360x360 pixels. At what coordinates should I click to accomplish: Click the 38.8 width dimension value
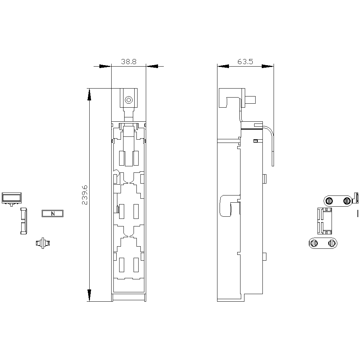129,62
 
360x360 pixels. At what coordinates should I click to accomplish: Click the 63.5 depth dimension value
245,62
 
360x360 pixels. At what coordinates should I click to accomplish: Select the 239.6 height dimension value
85,195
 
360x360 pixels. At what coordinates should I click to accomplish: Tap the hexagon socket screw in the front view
129,100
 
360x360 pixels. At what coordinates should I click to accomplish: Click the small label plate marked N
53,213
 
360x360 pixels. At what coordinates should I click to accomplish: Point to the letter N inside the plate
53,213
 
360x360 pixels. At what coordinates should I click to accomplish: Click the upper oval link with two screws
338,201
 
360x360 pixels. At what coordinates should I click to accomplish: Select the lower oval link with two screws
323,243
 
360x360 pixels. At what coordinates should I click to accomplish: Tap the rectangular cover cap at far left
12,198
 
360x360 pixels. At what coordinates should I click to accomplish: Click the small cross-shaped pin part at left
43,243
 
